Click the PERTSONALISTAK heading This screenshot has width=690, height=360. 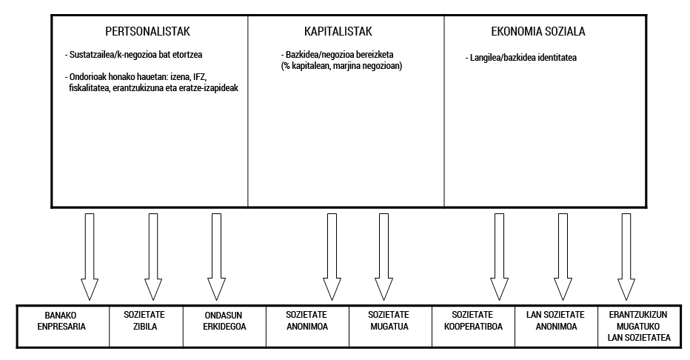coord(149,32)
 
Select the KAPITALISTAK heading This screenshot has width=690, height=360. coord(338,32)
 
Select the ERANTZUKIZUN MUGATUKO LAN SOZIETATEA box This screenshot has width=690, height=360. coord(638,325)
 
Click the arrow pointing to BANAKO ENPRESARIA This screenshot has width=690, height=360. coord(90,256)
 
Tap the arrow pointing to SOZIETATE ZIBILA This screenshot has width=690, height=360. coord(153,256)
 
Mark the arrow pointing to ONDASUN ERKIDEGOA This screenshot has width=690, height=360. coord(216,256)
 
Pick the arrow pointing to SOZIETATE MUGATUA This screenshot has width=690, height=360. coord(384,256)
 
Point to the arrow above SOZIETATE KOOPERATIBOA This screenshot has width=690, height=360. coord(500,256)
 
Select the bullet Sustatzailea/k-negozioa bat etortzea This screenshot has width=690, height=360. coord(134,55)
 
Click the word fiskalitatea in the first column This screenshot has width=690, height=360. coord(90,87)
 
